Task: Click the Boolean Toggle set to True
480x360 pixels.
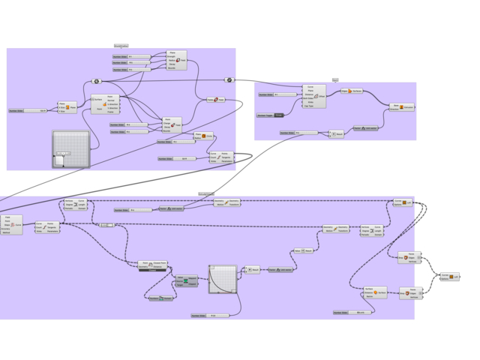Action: (x=278, y=115)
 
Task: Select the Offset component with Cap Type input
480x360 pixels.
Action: (x=316, y=97)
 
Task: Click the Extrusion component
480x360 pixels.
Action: (x=404, y=107)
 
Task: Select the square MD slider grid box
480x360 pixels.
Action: (x=70, y=149)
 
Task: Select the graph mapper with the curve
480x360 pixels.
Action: (x=222, y=281)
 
